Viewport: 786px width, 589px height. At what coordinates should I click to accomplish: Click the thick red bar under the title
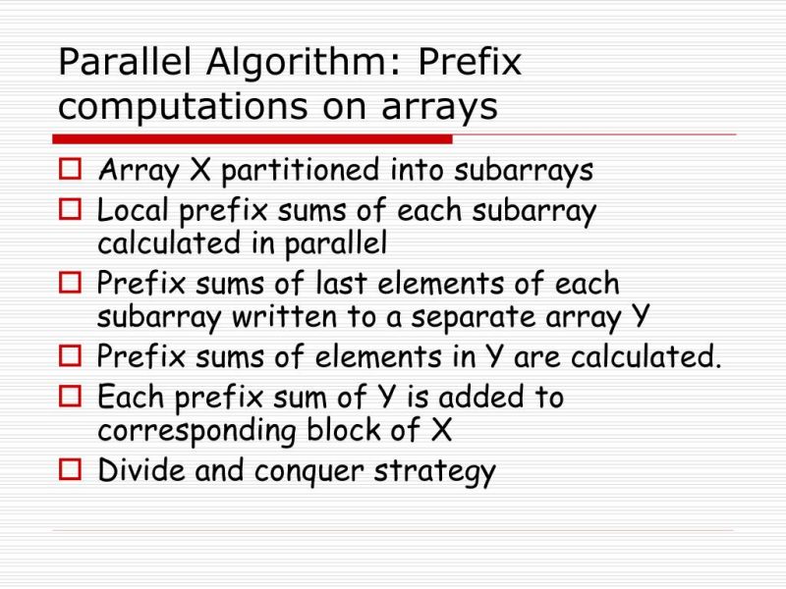tap(252, 138)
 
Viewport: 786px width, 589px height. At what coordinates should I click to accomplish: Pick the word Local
tap(128, 210)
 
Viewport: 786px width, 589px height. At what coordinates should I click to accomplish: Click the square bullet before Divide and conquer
tap(71, 470)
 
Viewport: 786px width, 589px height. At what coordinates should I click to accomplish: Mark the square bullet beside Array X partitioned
tap(71, 171)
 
